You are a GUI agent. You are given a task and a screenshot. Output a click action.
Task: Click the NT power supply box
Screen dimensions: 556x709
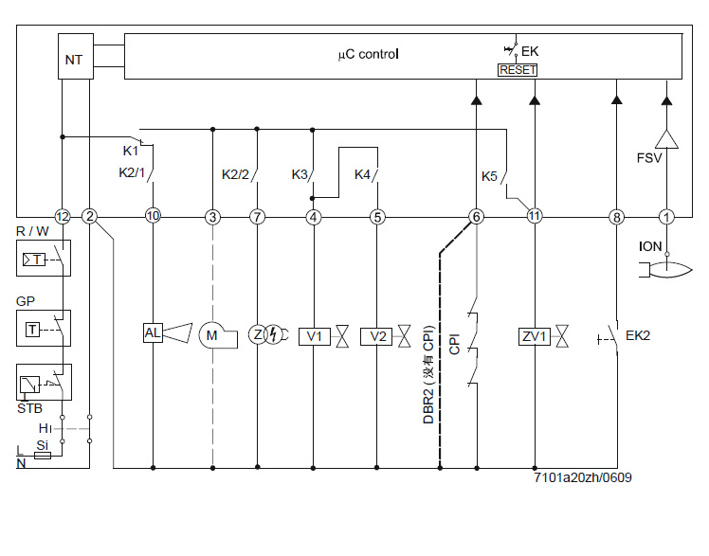pos(74,60)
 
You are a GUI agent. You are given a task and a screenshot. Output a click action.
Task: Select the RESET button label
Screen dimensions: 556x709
pos(518,70)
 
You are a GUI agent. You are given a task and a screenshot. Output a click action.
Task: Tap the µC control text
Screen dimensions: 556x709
pos(369,55)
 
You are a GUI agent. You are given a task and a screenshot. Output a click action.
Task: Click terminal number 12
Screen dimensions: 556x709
pos(63,217)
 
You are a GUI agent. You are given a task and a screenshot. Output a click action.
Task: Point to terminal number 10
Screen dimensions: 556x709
pos(153,217)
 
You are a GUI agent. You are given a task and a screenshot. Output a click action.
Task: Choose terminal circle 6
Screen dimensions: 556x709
pos(477,217)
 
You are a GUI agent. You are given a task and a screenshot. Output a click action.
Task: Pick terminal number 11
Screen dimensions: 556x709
pos(535,217)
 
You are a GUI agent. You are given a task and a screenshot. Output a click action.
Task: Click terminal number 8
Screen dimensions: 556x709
pos(618,217)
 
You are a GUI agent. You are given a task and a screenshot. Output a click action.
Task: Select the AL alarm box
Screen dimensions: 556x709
pos(153,332)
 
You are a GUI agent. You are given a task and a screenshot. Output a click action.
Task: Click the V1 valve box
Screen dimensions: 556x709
pos(313,336)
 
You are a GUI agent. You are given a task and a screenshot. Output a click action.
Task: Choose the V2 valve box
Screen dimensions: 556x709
pos(376,336)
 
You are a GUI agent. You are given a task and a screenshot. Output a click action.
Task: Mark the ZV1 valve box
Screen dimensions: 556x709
pos(534,336)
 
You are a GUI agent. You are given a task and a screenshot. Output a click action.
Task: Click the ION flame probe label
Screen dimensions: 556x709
pos(652,246)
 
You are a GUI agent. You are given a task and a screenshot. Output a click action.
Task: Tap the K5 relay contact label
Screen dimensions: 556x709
pos(489,176)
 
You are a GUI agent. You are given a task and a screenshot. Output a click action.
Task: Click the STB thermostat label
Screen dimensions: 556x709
pos(29,408)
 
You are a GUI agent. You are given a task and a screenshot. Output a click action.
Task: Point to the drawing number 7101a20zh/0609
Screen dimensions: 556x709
pos(582,477)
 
